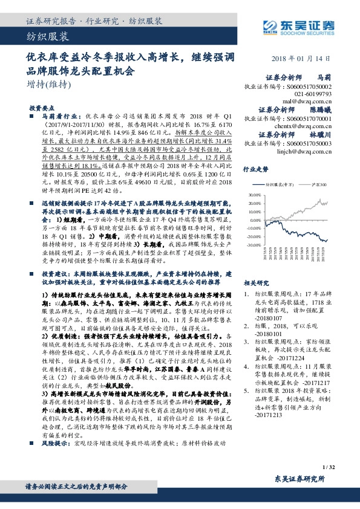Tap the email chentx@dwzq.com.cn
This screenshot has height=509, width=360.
coord(308,127)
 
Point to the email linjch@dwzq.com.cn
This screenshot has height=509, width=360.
coord(309,152)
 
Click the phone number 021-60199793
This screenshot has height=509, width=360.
coord(313,94)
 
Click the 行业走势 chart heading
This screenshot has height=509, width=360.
coord(255,170)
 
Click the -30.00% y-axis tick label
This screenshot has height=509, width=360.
coord(254,245)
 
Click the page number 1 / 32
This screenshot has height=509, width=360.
coord(329,467)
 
